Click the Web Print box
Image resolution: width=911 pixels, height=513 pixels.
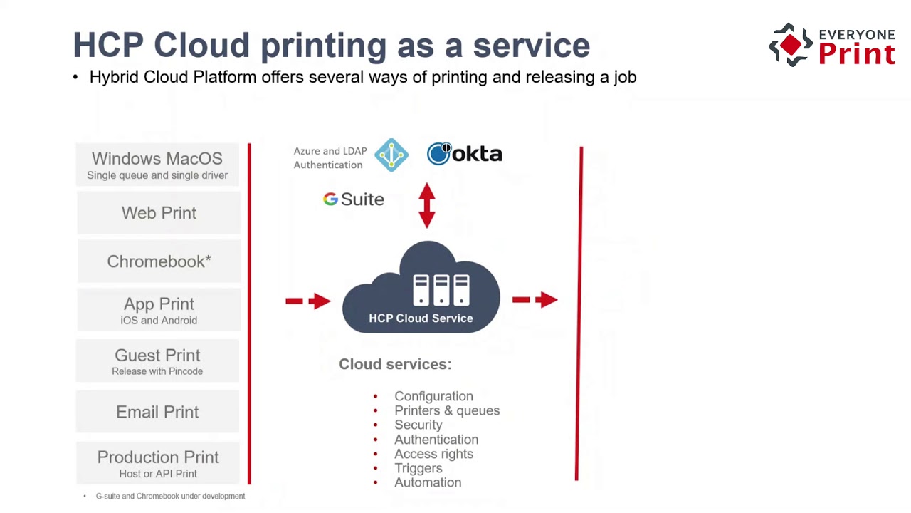[x=159, y=213]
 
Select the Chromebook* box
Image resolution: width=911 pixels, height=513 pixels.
[x=159, y=261]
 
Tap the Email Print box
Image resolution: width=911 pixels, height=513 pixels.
[x=157, y=412]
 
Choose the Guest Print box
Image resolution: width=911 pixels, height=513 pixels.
[x=157, y=361]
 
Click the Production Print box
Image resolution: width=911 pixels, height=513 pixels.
[x=158, y=463]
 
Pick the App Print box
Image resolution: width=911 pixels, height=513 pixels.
[x=159, y=310]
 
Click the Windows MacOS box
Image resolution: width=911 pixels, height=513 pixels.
[x=157, y=165]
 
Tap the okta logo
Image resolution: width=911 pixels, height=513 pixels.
[x=465, y=154]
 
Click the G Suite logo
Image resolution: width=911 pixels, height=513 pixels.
[x=354, y=199]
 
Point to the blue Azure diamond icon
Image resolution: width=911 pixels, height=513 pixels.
[x=391, y=155]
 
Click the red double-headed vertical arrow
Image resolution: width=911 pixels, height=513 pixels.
[x=427, y=205]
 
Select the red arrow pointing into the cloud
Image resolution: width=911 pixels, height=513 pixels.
[x=308, y=301]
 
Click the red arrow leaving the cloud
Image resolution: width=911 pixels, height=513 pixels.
[x=535, y=300]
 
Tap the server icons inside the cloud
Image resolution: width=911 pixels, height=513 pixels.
[x=441, y=289]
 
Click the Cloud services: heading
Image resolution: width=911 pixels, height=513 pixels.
[x=395, y=364]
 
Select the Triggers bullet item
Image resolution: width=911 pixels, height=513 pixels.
[x=418, y=468]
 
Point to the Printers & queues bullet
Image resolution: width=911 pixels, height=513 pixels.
[x=447, y=410]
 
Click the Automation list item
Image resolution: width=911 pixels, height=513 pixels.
[x=428, y=482]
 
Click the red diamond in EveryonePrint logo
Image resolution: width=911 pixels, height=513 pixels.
[x=791, y=46]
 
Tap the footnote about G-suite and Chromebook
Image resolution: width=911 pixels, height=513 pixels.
[x=170, y=496]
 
